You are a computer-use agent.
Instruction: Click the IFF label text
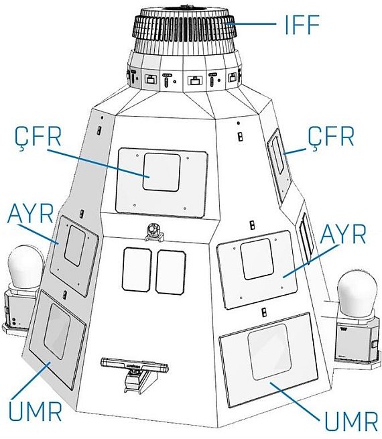click(302, 24)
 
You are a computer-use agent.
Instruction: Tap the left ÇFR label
click(38, 137)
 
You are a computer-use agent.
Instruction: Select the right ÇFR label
click(331, 136)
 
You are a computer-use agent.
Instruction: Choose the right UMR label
click(351, 421)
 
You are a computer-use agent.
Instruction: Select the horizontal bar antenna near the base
click(134, 365)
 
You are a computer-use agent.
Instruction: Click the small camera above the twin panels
click(153, 232)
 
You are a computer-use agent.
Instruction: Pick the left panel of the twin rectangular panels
click(137, 269)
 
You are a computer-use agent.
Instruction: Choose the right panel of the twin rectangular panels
click(171, 272)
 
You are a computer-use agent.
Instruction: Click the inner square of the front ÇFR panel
click(162, 172)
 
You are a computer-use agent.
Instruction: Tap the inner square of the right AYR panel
click(257, 259)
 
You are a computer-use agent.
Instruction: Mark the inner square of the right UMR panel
click(269, 352)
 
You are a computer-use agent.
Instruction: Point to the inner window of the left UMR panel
click(57, 332)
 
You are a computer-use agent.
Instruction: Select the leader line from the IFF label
click(251, 24)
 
